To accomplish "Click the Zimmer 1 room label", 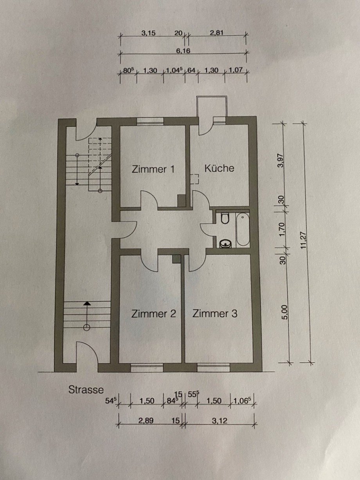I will point(153,169).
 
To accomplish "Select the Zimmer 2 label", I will point(153,314).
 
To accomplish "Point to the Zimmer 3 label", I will point(215,313).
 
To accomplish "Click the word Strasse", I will point(86,389).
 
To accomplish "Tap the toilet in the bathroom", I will point(225,218).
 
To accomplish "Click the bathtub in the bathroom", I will point(243,229).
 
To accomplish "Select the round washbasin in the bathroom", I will point(225,243).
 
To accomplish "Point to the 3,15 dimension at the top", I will point(149,33).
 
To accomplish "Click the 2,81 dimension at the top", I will point(216,33).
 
